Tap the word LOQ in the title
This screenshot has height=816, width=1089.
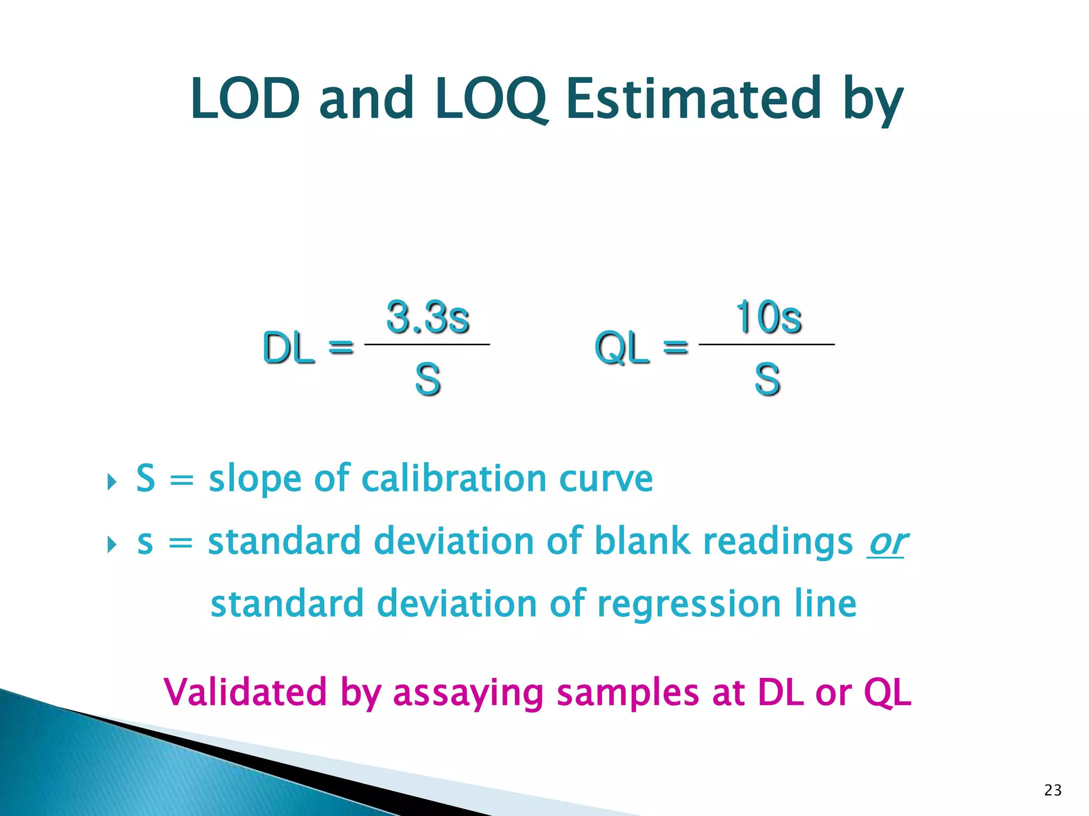490,100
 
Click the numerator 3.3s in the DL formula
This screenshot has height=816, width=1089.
428,318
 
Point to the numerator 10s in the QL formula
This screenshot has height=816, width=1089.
768,318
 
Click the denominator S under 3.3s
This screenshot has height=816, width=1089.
428,379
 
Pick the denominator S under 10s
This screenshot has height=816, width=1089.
767,379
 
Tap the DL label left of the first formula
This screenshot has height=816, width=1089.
289,348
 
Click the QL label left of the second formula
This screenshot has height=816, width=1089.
622,348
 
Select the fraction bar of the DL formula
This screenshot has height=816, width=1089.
427,345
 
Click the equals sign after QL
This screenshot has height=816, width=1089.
676,347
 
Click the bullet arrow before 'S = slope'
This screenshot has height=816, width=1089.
111,482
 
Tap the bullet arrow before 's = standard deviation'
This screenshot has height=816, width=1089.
111,545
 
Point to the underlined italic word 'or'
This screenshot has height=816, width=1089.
886,542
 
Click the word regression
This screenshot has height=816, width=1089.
689,604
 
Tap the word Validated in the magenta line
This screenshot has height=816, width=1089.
245,692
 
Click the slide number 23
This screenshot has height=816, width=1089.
1053,790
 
